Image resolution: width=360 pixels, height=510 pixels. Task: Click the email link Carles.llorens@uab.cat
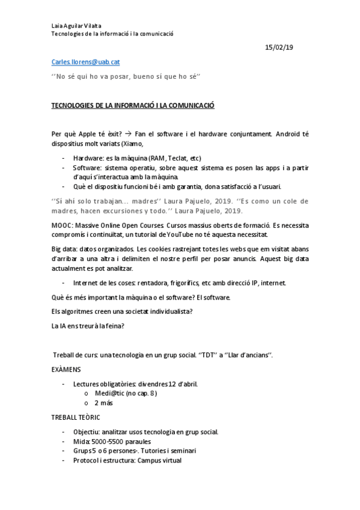(x=89, y=62)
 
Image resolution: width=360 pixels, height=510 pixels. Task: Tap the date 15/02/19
(x=279, y=48)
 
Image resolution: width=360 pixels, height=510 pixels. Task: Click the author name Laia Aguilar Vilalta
(x=76, y=25)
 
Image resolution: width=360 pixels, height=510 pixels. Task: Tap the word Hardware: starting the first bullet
(x=90, y=158)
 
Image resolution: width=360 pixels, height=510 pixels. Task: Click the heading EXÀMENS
(x=66, y=369)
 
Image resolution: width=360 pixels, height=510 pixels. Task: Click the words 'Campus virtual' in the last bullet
(x=159, y=460)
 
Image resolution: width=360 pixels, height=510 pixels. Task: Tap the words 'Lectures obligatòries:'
(x=105, y=384)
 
